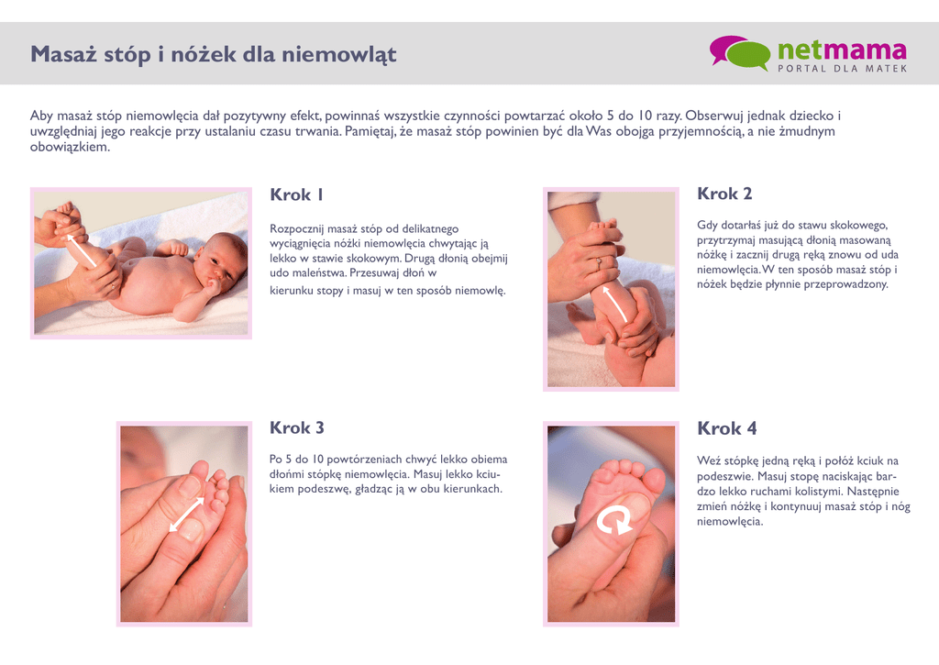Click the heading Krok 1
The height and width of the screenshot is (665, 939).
[x=296, y=194]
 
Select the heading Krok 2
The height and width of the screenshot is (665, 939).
[x=724, y=194]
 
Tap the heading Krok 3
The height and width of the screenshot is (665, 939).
[x=296, y=427]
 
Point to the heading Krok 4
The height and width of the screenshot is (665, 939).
[x=726, y=428]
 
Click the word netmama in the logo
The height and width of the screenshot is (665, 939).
[x=842, y=50]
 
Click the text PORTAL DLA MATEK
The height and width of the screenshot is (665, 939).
[x=843, y=69]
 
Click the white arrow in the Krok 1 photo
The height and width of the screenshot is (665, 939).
[x=82, y=249]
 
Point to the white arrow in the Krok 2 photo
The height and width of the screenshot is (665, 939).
[x=615, y=304]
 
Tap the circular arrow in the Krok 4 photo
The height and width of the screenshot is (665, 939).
[x=613, y=519]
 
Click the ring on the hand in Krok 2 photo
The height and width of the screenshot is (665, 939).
[x=597, y=261]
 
